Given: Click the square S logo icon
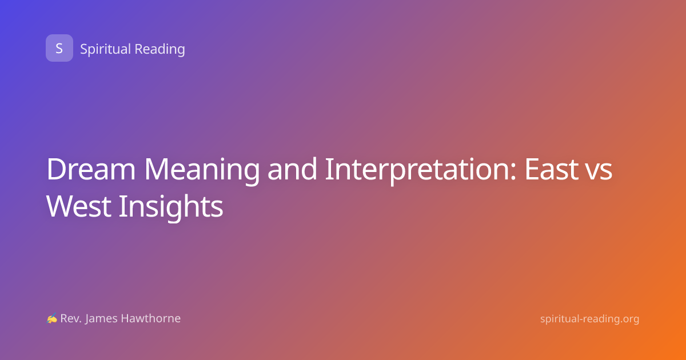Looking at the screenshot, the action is pyautogui.click(x=59, y=48).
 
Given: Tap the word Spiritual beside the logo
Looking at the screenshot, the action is pyautogui.click(x=106, y=49).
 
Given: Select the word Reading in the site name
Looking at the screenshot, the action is pyautogui.click(x=160, y=49).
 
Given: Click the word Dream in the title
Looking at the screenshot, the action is pyautogui.click(x=91, y=169).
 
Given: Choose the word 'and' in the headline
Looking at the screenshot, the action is pyautogui.click(x=292, y=169).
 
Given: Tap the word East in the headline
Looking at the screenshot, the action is pyautogui.click(x=551, y=169).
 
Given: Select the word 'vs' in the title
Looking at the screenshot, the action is pyautogui.click(x=599, y=172).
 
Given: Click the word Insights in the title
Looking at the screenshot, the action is pyautogui.click(x=171, y=207).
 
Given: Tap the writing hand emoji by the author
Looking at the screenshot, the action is pyautogui.click(x=52, y=318).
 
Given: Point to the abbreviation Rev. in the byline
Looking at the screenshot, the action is pyautogui.click(x=71, y=318).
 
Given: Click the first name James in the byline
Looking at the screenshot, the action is pyautogui.click(x=101, y=319).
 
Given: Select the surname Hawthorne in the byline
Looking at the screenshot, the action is pyautogui.click(x=151, y=318).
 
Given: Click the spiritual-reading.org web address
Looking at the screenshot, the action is pyautogui.click(x=589, y=319).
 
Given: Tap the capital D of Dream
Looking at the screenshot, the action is pyautogui.click(x=57, y=169).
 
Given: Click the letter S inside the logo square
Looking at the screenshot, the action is pyautogui.click(x=59, y=49).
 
